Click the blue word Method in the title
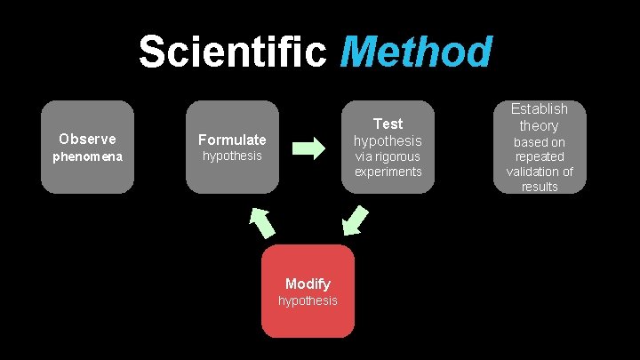click(415, 52)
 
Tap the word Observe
click(87, 139)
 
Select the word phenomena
click(87, 156)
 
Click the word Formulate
click(232, 140)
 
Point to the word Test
click(388, 124)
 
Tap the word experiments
click(388, 172)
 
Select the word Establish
click(539, 109)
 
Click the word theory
click(539, 125)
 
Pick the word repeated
click(540, 156)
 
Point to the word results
click(540, 187)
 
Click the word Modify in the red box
click(308, 284)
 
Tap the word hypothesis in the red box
click(308, 300)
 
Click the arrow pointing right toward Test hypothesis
click(308, 148)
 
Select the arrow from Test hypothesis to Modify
click(356, 220)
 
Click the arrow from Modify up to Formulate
click(262, 223)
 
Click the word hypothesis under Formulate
click(232, 156)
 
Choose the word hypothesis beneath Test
click(388, 141)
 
